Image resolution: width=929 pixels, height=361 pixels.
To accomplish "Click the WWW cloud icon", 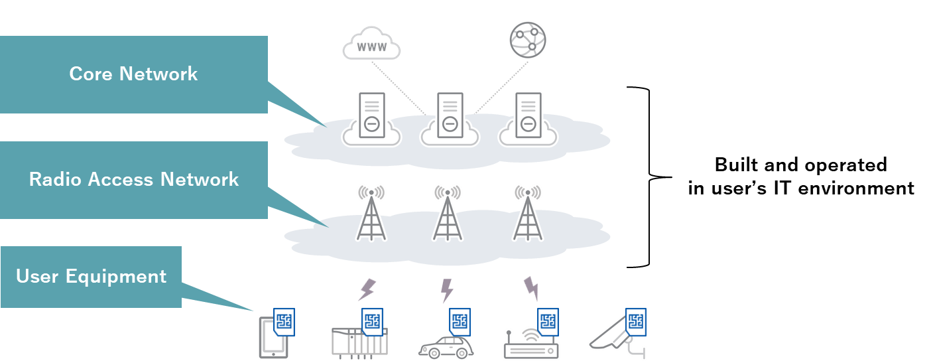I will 371,44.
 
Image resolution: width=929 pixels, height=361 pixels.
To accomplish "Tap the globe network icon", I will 528,40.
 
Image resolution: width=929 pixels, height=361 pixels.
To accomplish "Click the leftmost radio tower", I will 371,212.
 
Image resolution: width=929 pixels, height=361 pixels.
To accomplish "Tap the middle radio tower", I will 448,212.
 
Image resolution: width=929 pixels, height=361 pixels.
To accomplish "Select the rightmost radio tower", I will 528,212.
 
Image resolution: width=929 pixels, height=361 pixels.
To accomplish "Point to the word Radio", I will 55,179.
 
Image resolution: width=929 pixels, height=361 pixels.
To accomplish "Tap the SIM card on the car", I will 460,322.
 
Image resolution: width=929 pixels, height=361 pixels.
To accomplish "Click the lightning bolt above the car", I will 447,290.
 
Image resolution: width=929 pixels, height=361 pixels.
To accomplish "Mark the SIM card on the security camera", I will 636,322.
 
